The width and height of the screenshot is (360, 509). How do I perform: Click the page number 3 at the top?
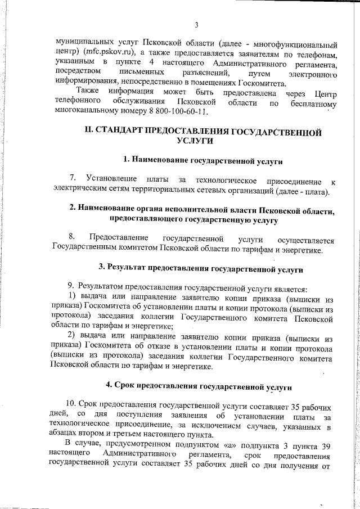click(197, 25)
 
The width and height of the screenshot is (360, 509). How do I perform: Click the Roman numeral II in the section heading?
click(88, 132)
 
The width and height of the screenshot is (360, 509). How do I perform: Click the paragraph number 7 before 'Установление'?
click(72, 180)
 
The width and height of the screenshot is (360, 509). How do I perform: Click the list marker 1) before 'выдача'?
click(72, 296)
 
